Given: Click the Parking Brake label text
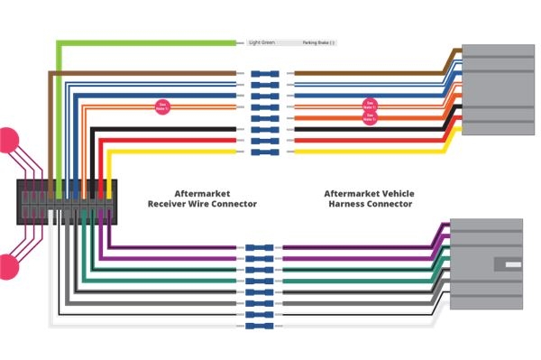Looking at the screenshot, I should pos(318,42).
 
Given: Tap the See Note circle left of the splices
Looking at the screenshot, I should pos(163,106).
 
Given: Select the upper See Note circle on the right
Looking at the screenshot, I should pos(368,105).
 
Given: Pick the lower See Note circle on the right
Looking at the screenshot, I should pos(368,116).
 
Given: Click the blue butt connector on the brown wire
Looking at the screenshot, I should pos(264,74).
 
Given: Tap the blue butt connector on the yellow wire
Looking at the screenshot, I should pos(264,151).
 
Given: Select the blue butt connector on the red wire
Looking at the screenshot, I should pos(264,140).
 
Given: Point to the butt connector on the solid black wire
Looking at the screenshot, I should pos(264,129).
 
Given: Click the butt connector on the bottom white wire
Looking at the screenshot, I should pos(264,325).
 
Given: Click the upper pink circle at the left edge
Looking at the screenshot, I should pos(7,140).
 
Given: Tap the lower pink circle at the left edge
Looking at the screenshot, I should pos(7,265).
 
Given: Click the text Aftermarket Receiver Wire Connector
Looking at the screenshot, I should pos(202,199).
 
